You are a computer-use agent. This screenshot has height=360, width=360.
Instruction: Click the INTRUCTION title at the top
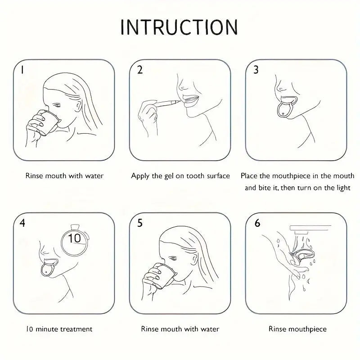point(179,27)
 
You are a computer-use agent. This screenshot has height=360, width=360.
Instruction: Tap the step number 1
point(22,70)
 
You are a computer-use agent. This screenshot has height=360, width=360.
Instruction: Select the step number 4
point(22,223)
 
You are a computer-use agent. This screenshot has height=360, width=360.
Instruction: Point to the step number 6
point(257,223)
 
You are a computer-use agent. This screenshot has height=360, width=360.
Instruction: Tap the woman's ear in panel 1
point(78,106)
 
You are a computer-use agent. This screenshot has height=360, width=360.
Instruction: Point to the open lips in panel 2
point(190,101)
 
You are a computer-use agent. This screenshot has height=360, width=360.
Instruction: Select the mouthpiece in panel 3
point(286,107)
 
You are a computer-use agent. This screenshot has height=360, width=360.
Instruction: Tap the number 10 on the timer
point(74,238)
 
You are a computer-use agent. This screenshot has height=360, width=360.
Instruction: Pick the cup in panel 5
point(164,275)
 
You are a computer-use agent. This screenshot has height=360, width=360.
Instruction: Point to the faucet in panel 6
point(310,229)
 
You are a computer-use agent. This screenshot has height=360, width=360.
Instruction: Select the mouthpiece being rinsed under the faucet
point(302,256)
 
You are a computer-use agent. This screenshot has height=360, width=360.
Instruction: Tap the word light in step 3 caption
point(343,188)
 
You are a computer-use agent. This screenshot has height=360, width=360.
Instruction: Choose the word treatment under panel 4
point(76,329)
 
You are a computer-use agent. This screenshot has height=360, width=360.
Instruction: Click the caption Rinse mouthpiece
point(297,329)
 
